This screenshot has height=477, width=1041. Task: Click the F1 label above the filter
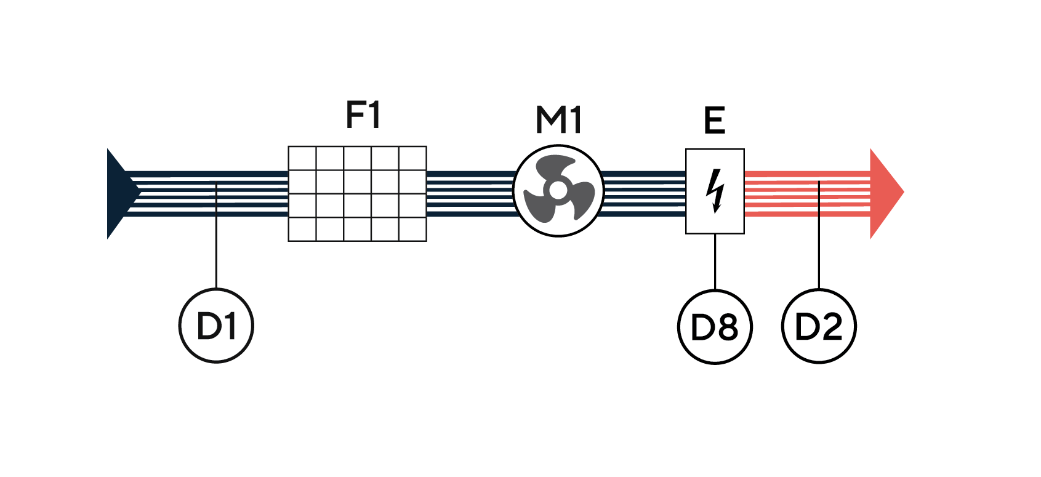363,114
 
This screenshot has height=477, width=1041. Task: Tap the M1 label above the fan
558,119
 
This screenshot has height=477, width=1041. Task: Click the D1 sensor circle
216,326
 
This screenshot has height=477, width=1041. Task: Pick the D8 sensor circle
715,327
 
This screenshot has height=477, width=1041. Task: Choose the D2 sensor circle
819,326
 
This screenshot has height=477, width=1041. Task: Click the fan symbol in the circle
558,191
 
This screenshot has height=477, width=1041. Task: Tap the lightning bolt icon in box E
715,191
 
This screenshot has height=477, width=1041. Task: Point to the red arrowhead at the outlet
885,193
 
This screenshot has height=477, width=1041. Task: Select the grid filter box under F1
357,193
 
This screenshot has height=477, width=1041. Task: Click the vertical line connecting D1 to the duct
216,246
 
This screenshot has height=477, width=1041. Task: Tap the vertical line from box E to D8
715,262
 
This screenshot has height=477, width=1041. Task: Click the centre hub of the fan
558,190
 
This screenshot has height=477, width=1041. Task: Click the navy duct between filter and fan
470,193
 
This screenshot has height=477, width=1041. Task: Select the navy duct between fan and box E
644,193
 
